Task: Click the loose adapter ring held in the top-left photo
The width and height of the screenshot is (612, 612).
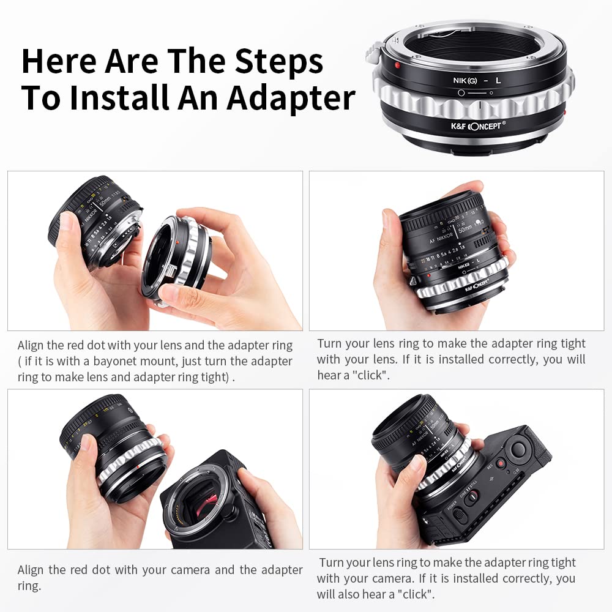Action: [177, 257]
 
